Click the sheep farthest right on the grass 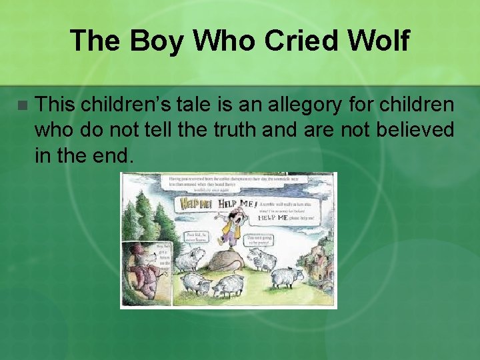tap(287, 276)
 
